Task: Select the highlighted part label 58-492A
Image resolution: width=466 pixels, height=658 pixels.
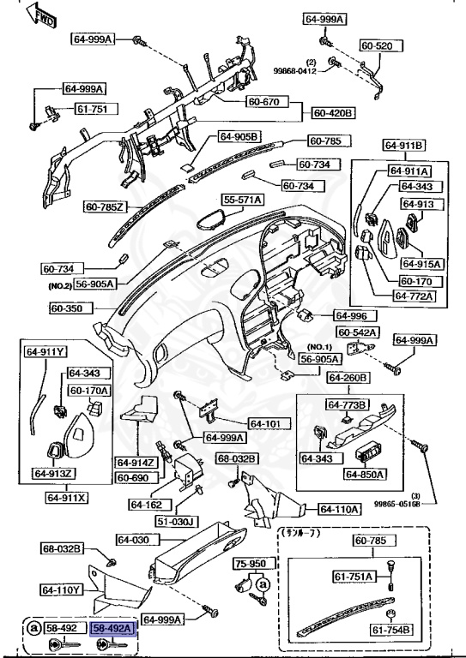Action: point(114,628)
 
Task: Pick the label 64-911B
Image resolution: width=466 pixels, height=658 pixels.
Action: point(406,145)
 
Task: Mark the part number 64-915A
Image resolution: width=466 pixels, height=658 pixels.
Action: point(421,263)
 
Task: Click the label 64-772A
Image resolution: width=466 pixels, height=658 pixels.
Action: point(415,296)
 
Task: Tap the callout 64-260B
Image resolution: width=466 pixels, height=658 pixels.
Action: point(348,378)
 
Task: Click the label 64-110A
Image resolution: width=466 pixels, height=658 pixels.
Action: point(339,509)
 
